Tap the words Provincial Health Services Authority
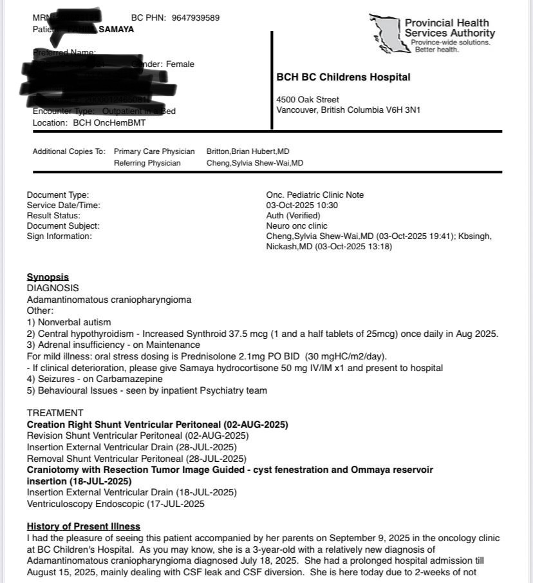pyautogui.click(x=449, y=28)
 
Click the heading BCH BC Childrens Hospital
pyautogui.click(x=343, y=77)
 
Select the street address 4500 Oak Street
pyautogui.click(x=308, y=100)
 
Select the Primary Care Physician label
pyautogui.click(x=154, y=151)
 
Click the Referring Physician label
pyautogui.click(x=147, y=163)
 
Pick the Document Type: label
pyautogui.click(x=58, y=195)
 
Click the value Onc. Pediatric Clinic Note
pyautogui.click(x=315, y=195)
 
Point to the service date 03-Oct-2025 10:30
pyautogui.click(x=302, y=205)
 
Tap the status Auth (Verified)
pyautogui.click(x=293, y=216)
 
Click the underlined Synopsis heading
pyautogui.click(x=48, y=278)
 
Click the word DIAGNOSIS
pyautogui.click(x=53, y=289)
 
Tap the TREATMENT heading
pyautogui.click(x=55, y=413)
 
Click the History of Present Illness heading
pyautogui.click(x=84, y=526)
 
